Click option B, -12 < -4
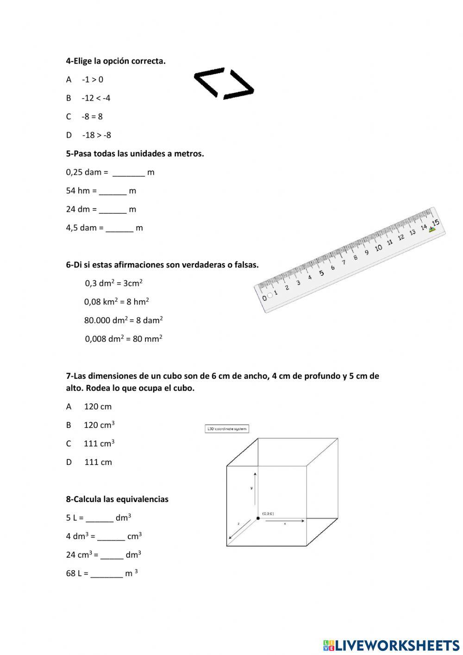(x=95, y=98)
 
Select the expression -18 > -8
(x=96, y=135)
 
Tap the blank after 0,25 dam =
(x=129, y=172)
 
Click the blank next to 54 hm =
(x=113, y=191)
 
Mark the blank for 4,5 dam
(x=119, y=228)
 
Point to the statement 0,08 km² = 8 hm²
(x=116, y=302)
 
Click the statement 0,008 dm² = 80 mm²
(x=123, y=339)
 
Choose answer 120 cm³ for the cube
(x=99, y=425)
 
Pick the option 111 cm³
(x=99, y=444)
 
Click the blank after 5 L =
(x=100, y=518)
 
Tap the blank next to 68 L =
(x=106, y=573)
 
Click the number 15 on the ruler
(x=435, y=223)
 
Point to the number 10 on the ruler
(x=378, y=248)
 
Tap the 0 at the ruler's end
(x=264, y=298)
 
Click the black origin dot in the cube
(x=258, y=518)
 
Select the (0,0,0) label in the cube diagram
(x=268, y=513)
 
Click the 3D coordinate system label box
(x=227, y=429)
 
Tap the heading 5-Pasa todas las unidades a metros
(x=135, y=153)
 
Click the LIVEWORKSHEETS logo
(x=391, y=645)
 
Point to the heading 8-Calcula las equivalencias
(x=117, y=499)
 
